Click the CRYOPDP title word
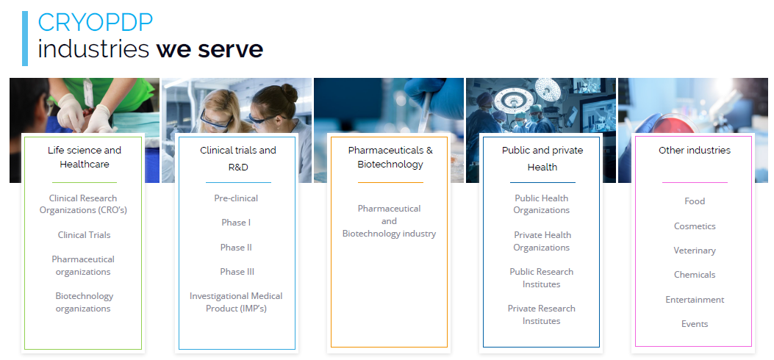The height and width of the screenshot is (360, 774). coord(96,23)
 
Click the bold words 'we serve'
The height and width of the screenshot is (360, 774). coord(209,48)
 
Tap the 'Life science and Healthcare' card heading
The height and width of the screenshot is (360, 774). coord(85,156)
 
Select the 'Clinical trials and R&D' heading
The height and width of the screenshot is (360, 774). coord(238,158)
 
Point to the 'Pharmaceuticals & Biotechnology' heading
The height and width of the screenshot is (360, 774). coord(390,156)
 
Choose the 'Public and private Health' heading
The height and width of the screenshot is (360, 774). coord(542,158)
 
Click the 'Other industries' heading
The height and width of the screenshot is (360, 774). coord(694,150)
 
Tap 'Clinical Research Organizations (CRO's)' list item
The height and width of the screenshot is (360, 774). coord(83,204)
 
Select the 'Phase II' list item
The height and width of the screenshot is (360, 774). coord(236,247)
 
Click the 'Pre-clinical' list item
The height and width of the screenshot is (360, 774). coord(236,198)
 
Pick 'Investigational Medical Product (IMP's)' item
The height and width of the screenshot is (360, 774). coord(236,302)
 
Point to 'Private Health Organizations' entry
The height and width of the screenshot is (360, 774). coord(542,241)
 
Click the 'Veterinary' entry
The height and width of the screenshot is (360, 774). coord(695,251)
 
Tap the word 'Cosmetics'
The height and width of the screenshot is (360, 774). coord(695,226)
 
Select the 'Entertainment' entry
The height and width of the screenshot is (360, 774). coord(695,299)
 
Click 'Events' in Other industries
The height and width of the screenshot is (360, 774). coord(695,323)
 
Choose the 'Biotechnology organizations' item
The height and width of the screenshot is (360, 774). coord(84,302)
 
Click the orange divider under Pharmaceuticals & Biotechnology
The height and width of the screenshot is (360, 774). coord(390,182)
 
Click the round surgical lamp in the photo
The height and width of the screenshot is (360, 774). coord(514,101)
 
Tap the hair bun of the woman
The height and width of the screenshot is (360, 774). coord(289,93)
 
